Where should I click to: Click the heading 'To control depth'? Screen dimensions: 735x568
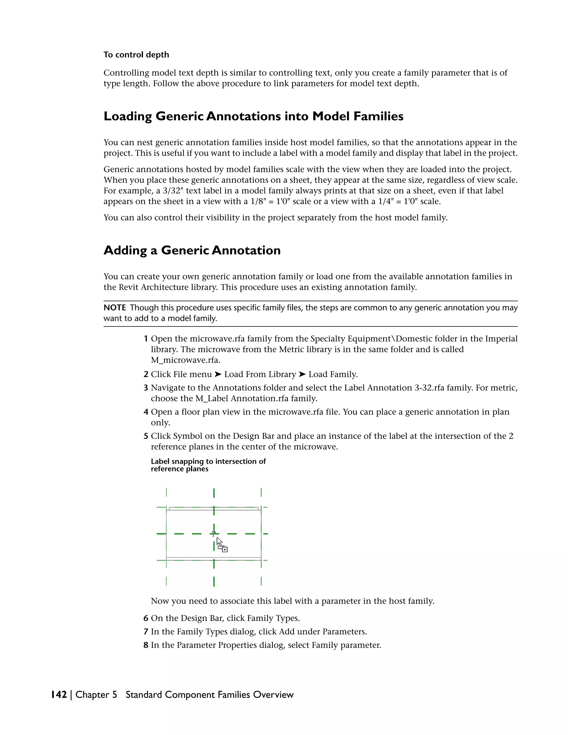pos(136,55)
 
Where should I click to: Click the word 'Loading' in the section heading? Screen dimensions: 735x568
pos(128,116)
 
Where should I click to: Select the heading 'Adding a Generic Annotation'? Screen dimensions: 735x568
pos(192,250)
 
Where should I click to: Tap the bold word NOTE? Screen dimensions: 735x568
pos(115,308)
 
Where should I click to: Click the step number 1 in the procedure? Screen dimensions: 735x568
pos(146,339)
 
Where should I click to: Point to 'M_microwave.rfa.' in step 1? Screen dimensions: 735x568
pos(186,360)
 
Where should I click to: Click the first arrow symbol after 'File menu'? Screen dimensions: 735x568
pos(218,374)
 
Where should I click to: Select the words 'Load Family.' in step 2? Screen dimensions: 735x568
pos(333,374)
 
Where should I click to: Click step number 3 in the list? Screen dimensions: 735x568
pos(146,388)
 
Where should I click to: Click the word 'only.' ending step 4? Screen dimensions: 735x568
pos(160,423)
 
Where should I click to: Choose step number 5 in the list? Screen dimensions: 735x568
pos(146,436)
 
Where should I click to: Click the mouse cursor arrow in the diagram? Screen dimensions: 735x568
pos(219,541)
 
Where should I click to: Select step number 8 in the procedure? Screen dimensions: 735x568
pos(146,645)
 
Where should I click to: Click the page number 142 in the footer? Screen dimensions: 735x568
pos(59,695)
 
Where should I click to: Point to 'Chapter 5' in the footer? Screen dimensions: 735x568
pos(96,695)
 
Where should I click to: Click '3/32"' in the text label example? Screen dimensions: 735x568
pos(172,191)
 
